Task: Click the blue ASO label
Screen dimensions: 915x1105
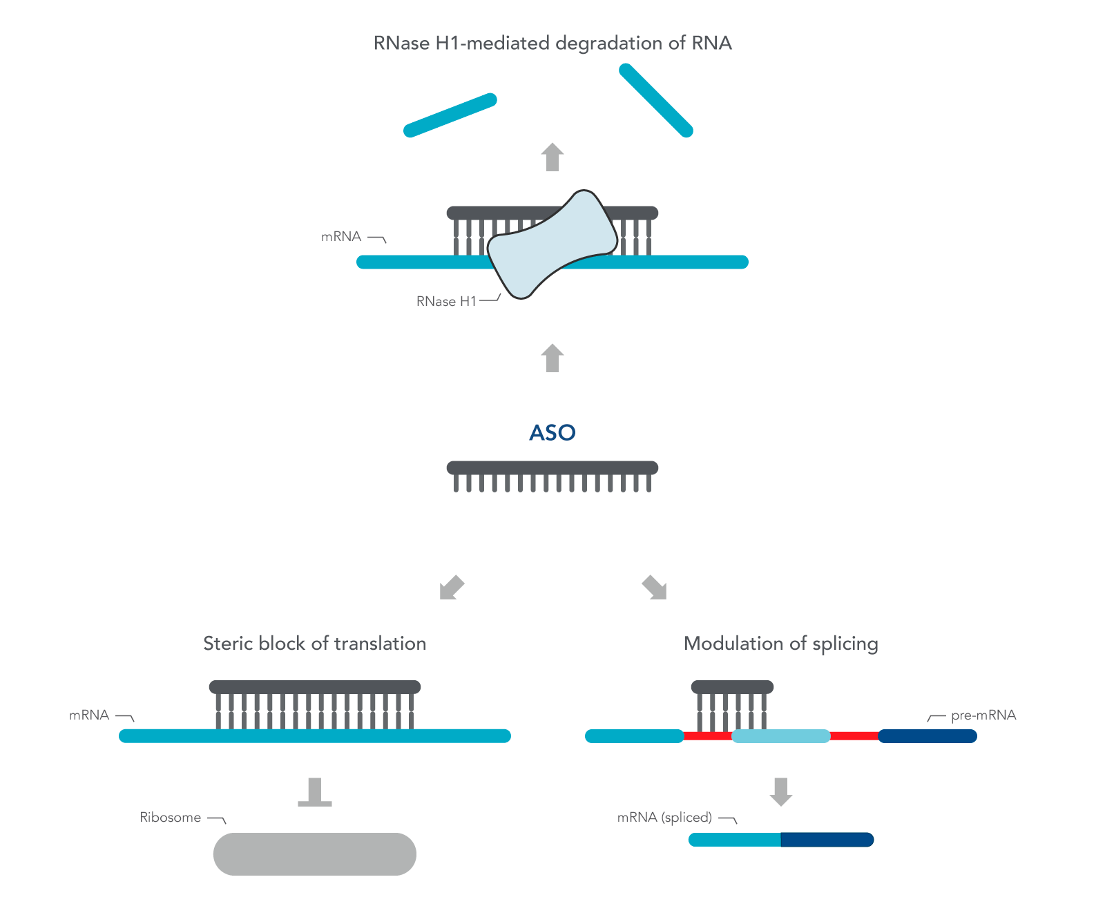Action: pyautogui.click(x=552, y=432)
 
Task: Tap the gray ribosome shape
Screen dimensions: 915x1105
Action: pyautogui.click(x=314, y=854)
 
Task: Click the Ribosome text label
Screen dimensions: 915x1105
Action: pyautogui.click(x=170, y=818)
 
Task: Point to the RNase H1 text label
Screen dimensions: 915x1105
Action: pyautogui.click(x=446, y=302)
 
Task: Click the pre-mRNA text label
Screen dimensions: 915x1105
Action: pyautogui.click(x=983, y=715)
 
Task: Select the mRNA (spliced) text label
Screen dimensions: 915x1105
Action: pyautogui.click(x=664, y=818)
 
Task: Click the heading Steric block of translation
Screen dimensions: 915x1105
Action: pyautogui.click(x=314, y=644)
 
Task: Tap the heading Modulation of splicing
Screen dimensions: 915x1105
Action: pyautogui.click(x=780, y=644)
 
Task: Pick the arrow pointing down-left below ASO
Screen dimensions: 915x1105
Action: pyautogui.click(x=452, y=588)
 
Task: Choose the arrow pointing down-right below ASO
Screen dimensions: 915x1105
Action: pyautogui.click(x=654, y=588)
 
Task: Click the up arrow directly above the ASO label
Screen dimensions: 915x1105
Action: pyautogui.click(x=552, y=358)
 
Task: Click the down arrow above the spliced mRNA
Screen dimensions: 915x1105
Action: pyautogui.click(x=780, y=791)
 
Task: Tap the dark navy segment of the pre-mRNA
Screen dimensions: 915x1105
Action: pyautogui.click(x=927, y=736)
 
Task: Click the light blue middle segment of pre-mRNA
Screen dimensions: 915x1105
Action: pyautogui.click(x=780, y=736)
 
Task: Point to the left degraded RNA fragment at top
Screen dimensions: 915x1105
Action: pyautogui.click(x=450, y=115)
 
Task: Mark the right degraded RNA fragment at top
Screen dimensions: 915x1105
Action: pyautogui.click(x=655, y=100)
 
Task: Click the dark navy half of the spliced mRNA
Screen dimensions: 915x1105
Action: pyautogui.click(x=827, y=840)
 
